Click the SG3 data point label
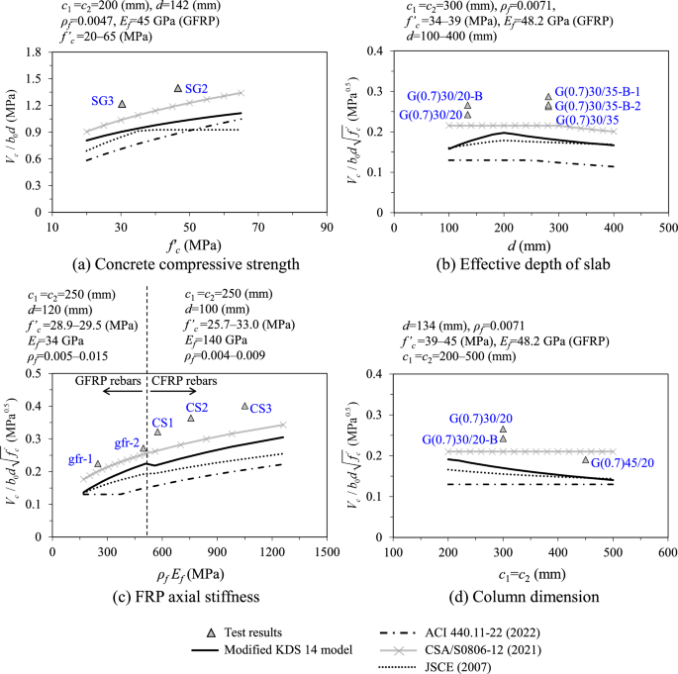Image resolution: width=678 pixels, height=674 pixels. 102,101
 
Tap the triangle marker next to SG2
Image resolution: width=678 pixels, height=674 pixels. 178,89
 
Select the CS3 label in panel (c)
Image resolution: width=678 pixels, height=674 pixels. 261,409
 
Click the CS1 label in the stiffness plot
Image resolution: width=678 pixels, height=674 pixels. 163,423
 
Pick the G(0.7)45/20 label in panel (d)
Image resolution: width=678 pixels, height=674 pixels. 622,462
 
